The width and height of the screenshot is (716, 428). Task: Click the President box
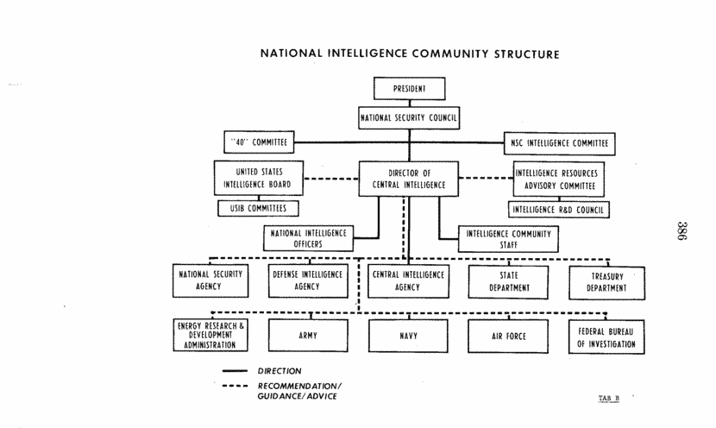point(409,89)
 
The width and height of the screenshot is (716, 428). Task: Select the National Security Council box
point(409,118)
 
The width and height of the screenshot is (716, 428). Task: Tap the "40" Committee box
point(259,142)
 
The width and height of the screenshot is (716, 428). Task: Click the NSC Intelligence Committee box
point(559,143)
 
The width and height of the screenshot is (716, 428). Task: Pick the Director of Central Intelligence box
point(409,179)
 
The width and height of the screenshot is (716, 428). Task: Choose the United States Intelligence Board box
point(259,178)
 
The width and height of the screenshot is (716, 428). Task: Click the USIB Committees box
point(258,208)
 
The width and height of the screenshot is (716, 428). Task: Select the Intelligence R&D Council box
point(558,210)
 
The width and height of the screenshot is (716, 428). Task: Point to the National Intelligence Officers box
point(308,238)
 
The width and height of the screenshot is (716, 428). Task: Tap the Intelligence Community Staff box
point(508,239)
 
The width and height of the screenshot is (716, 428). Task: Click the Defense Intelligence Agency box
point(308,281)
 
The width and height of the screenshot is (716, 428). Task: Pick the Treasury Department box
point(606,283)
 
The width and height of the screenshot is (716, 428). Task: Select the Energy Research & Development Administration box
point(210,336)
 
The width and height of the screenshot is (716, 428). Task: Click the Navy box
point(408,336)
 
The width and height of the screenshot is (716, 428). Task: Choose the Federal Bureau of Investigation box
point(606,337)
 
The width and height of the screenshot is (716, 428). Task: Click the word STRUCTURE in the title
point(526,54)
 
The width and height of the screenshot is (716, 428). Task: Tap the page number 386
point(681,230)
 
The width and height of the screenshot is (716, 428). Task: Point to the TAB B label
point(609,399)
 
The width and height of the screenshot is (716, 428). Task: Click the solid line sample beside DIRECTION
point(235,371)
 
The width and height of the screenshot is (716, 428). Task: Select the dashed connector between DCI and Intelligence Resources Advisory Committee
point(487,178)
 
